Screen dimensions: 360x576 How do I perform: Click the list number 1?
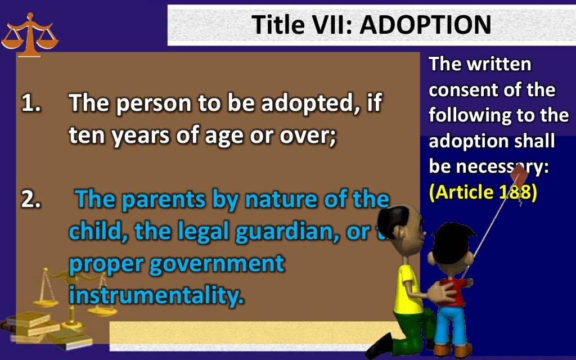[x=30, y=103]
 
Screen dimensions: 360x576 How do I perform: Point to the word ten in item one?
[x=87, y=137]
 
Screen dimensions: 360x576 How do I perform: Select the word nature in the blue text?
[x=281, y=200]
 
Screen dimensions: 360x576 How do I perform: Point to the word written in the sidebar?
[x=498, y=64]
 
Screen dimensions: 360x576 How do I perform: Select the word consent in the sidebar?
[x=465, y=90]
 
